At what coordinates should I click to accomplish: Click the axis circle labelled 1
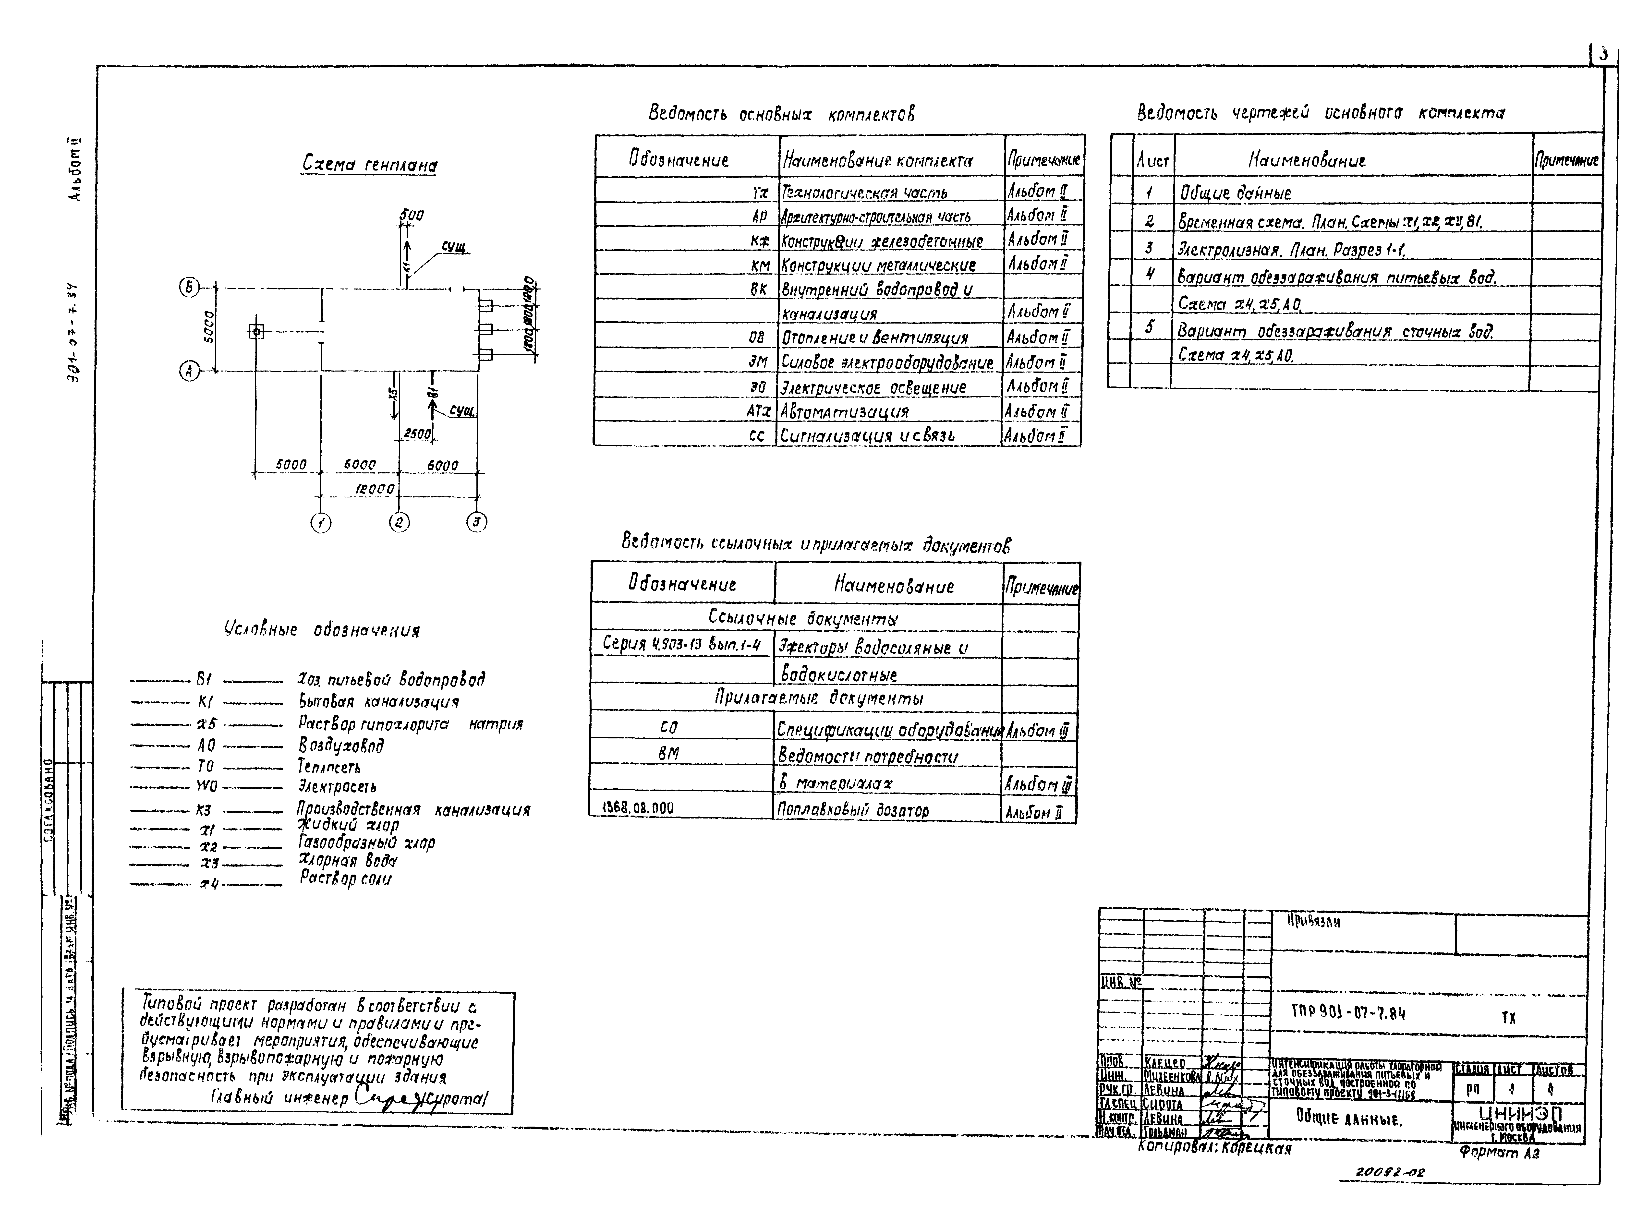click(x=321, y=523)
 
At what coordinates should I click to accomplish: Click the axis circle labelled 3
click(x=477, y=522)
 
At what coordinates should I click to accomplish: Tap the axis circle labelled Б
click(x=189, y=288)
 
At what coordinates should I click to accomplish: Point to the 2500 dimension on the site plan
click(x=417, y=434)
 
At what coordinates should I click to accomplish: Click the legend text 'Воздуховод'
click(x=340, y=746)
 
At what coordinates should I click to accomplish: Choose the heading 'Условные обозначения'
click(x=322, y=630)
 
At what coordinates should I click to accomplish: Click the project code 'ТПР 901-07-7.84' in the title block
click(x=1348, y=1013)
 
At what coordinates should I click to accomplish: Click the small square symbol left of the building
click(x=256, y=332)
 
